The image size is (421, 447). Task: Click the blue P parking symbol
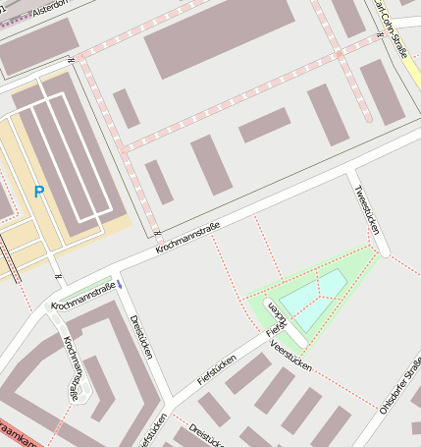click(x=39, y=193)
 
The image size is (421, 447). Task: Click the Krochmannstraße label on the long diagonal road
click(x=186, y=238)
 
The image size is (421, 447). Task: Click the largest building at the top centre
click(x=219, y=38)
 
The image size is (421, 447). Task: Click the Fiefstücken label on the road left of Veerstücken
click(x=217, y=367)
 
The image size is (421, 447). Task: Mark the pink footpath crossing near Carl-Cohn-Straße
click(x=339, y=55)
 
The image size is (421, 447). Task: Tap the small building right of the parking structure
click(x=126, y=108)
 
